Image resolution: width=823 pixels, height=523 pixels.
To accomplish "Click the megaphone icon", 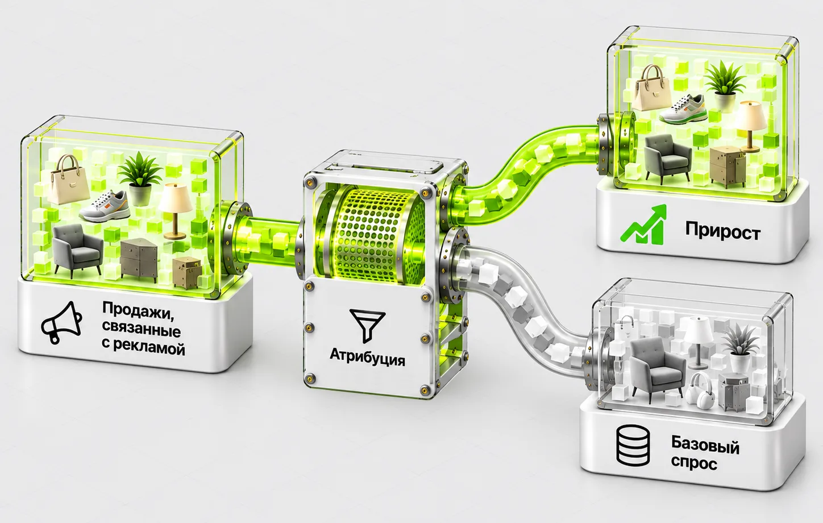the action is tap(61, 323).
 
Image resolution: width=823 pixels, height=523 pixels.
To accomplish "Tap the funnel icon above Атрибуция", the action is tap(367, 325).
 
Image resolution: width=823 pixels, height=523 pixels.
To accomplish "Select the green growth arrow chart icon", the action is tap(643, 224).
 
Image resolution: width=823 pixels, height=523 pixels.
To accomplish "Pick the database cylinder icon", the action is tap(633, 446).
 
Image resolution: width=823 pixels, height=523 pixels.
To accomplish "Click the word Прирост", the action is tap(722, 231).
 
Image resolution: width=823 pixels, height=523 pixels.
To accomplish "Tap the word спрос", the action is tap(693, 463).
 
